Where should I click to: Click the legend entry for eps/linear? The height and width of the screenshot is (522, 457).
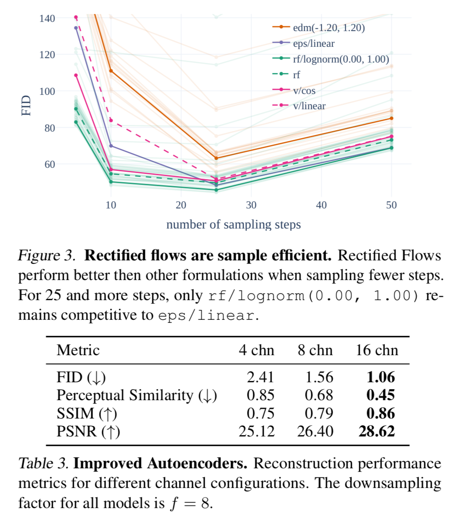313,44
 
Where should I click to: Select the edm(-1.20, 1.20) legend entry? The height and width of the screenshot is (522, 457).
328,28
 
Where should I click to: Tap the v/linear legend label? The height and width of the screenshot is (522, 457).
309,106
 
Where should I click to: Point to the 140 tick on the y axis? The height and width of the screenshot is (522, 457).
47,18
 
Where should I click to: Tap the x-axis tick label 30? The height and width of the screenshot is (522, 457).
251,205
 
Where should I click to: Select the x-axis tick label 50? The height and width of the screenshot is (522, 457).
391,205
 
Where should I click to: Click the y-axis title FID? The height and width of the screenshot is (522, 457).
27,105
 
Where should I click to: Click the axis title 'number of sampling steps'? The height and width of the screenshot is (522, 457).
234,225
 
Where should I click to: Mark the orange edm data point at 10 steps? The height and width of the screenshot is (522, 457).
111,71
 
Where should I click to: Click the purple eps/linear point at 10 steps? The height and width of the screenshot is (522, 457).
111,146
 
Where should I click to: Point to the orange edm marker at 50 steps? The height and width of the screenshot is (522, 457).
391,118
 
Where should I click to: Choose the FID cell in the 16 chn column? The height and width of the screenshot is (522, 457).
381,377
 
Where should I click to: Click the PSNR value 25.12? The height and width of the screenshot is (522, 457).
257,432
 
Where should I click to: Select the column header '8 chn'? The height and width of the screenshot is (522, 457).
315,350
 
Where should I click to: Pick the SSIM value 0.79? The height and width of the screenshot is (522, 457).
319,413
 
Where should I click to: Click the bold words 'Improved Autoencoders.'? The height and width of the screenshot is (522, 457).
160,463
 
